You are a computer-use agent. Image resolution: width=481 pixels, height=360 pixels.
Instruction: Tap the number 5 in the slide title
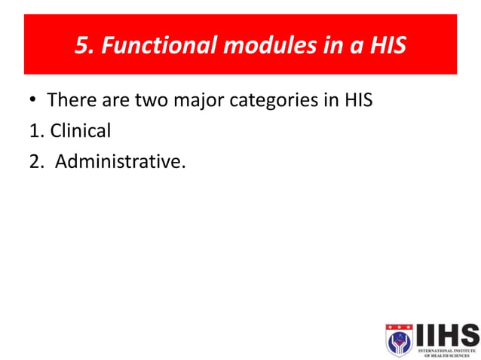coord(81,47)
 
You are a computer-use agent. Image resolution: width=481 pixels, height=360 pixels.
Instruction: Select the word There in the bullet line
coord(70,100)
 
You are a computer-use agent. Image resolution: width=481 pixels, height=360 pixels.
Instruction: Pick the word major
coord(199,100)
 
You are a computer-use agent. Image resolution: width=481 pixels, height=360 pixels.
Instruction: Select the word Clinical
coord(81,130)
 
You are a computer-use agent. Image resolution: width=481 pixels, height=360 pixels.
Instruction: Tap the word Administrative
coord(118,160)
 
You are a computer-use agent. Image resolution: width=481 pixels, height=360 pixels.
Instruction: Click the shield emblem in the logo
coord(399,340)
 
